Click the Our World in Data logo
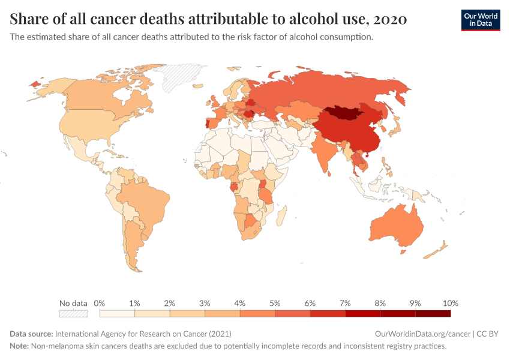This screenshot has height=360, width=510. pos(480,20)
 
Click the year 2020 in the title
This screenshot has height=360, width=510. pos(390,19)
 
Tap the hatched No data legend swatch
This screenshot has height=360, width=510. pos(73,313)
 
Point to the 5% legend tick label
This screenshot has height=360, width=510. pos(275,303)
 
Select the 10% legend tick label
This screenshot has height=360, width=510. pos(450,303)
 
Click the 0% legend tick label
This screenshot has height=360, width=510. pos(100,303)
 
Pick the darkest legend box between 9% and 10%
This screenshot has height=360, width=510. pos(433,313)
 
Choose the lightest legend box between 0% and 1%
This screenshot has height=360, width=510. pos(117,313)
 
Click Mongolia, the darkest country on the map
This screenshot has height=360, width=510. pos(345,113)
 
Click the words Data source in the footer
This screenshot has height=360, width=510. pos(31,334)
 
